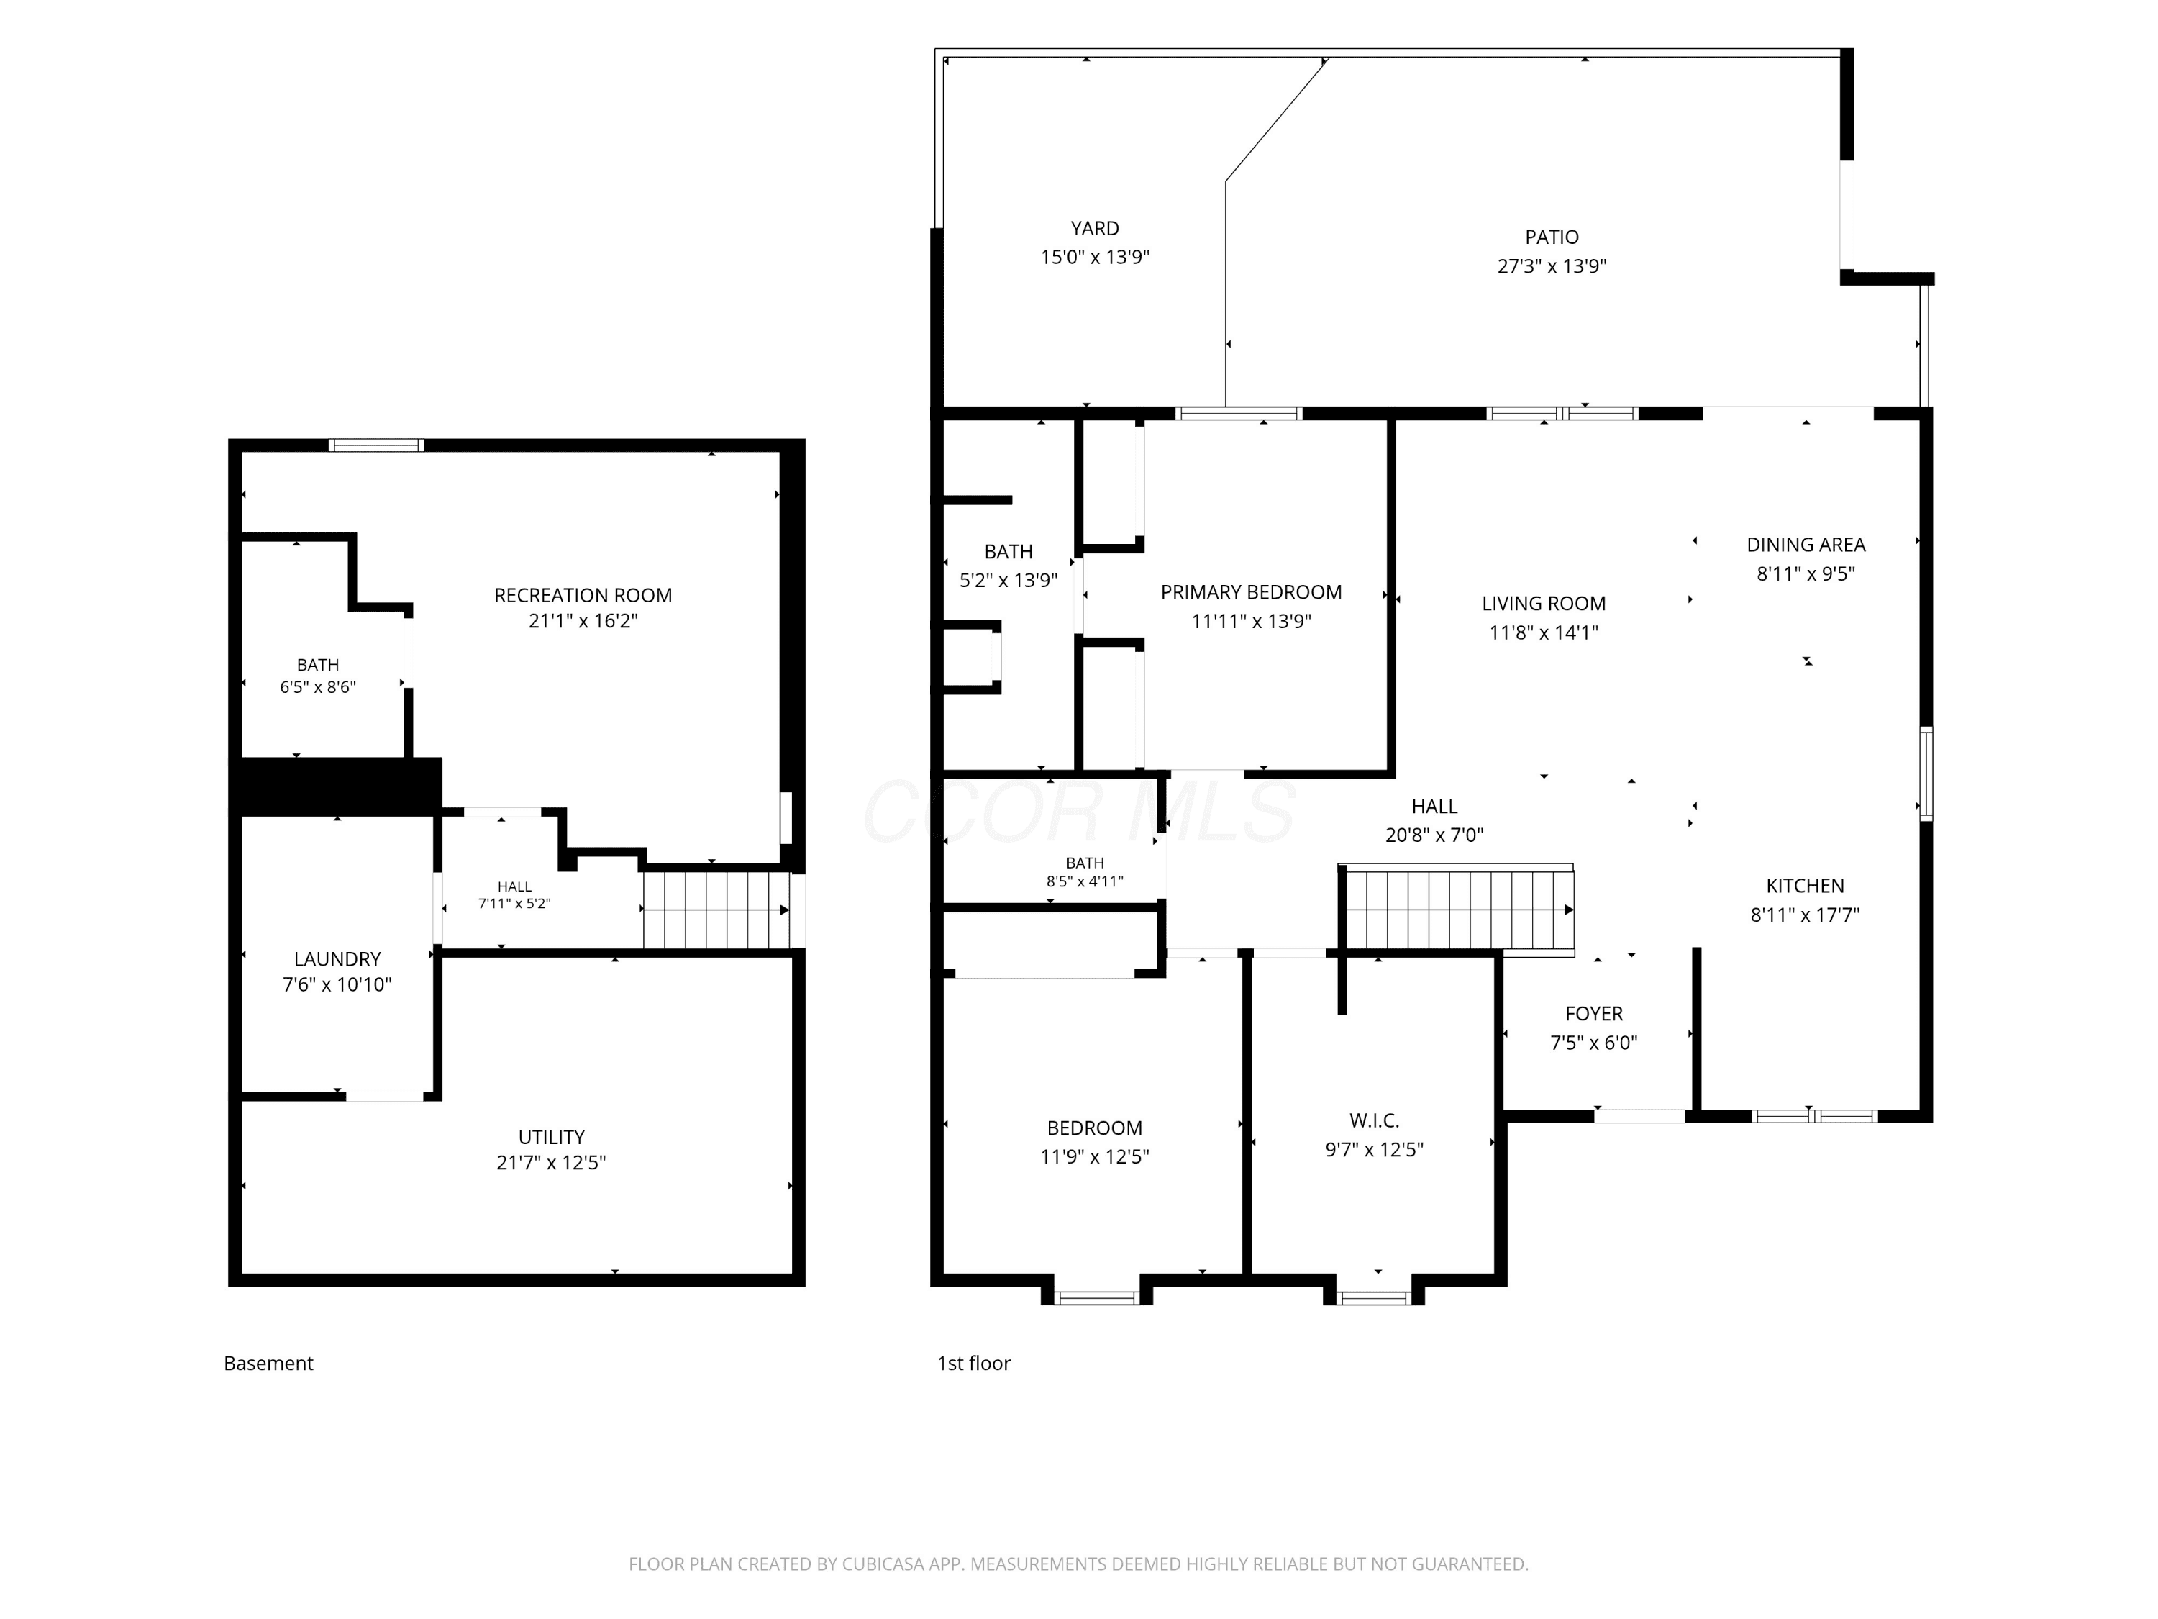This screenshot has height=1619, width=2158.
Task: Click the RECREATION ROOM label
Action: click(x=583, y=595)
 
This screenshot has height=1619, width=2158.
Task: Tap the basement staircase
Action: click(x=717, y=910)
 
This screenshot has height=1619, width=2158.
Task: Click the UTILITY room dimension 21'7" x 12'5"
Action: click(x=551, y=1162)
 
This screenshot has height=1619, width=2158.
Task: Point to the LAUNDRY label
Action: click(x=337, y=959)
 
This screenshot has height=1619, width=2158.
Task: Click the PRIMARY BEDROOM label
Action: click(x=1251, y=592)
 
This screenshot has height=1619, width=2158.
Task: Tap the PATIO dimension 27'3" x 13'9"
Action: click(x=1551, y=266)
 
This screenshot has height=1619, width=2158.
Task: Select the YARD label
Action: click(x=1095, y=228)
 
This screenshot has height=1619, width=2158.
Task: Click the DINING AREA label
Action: click(x=1806, y=545)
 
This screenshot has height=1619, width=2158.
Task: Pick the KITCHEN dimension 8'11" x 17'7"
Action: click(x=1805, y=915)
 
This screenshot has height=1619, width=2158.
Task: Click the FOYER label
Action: click(x=1594, y=1014)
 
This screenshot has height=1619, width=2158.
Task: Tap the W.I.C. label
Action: click(x=1374, y=1121)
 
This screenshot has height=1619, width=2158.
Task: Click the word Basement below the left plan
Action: click(x=268, y=1364)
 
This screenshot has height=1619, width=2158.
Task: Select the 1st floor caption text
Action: click(x=974, y=1364)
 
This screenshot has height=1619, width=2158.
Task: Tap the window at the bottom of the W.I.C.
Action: click(x=1374, y=1297)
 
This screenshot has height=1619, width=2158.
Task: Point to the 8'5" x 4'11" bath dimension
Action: click(x=1085, y=881)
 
